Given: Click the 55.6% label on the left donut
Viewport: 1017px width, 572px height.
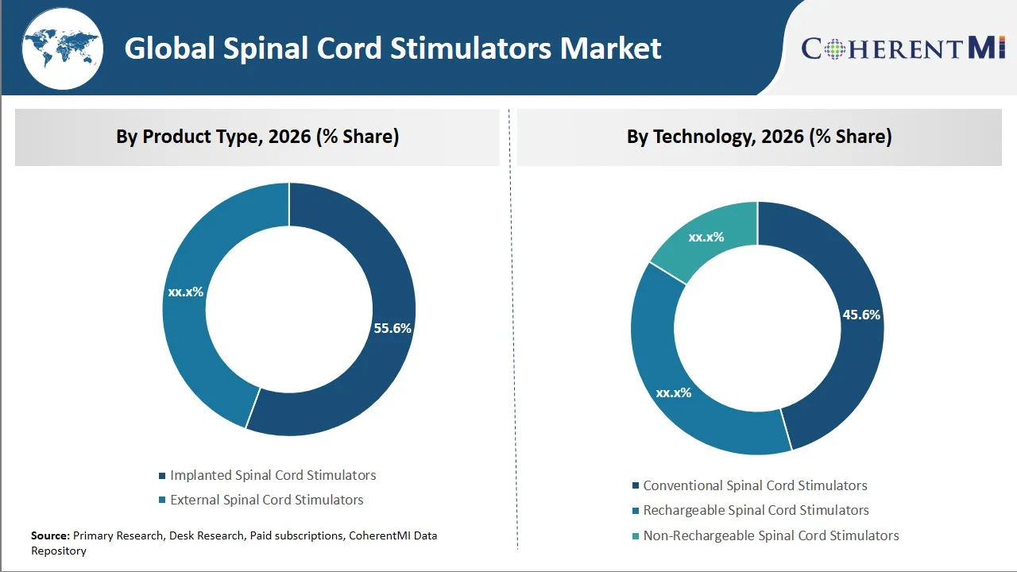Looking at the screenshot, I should pos(392,328).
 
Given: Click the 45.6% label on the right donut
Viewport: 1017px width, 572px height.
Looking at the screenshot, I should pos(861,315).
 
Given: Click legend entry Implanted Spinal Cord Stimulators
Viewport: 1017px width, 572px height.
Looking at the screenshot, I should pos(273,475).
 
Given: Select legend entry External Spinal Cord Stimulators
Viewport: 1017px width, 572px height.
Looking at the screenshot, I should pos(266,500).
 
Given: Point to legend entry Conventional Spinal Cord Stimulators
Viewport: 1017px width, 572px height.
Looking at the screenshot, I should pos(755,485).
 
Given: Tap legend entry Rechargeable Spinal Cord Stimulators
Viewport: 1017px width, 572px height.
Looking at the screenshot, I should pos(756,510).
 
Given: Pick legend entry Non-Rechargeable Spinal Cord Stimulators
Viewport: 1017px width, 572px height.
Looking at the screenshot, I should pos(771,535).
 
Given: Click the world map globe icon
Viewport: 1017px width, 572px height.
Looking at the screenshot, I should pos(62,49).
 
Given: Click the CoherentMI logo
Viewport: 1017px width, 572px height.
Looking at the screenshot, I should pos(903,48).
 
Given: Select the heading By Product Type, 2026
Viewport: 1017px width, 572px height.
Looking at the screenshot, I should pos(257,137).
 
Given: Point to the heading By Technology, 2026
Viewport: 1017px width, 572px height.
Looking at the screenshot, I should pos(759,137).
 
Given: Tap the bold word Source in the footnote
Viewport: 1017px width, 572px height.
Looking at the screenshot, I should pos(50,535).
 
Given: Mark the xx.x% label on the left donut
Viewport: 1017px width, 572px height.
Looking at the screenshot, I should pos(185,292).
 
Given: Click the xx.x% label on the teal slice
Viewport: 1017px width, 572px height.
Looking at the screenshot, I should pos(706,237).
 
